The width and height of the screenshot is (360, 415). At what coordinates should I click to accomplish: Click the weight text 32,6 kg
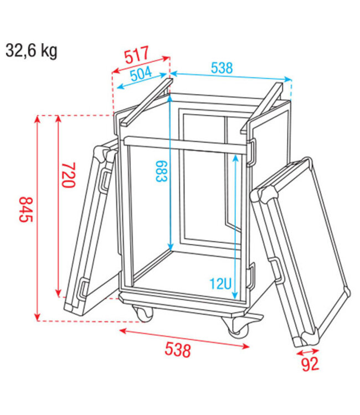click(31, 51)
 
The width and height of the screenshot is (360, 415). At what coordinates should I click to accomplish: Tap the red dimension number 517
click(137, 55)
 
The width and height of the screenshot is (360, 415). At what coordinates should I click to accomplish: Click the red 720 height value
click(68, 175)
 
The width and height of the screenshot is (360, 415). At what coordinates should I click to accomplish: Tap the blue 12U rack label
click(220, 284)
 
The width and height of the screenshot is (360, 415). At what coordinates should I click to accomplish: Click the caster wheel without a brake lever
click(143, 314)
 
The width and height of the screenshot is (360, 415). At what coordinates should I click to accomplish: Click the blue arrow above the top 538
click(230, 77)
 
